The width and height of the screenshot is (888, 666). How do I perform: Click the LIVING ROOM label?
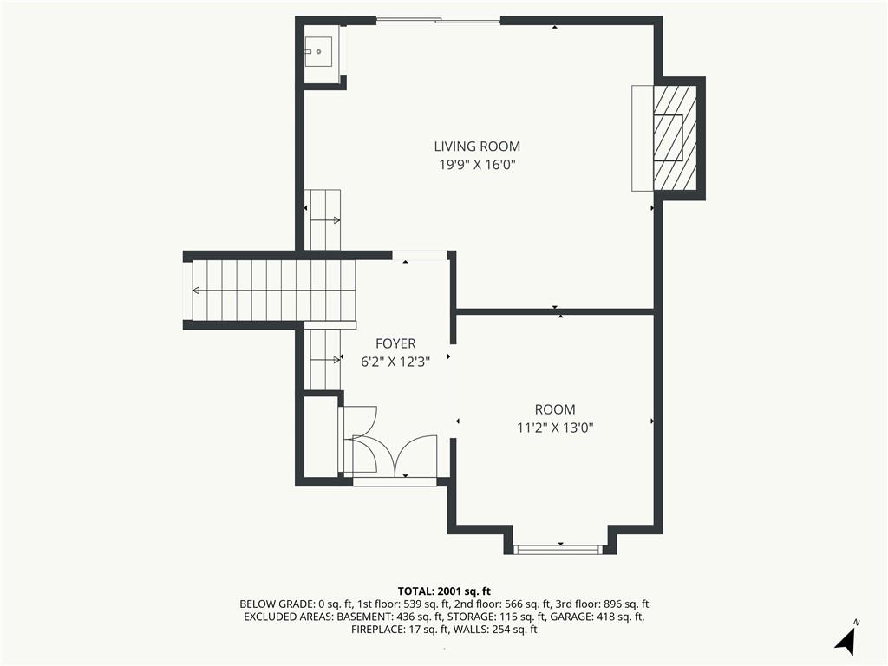[477, 146]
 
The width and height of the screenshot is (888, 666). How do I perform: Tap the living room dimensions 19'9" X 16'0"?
[479, 165]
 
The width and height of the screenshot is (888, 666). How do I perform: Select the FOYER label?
[395, 343]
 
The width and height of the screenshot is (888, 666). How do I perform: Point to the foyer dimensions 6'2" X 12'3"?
[395, 362]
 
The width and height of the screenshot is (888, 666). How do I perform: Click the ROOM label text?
[555, 409]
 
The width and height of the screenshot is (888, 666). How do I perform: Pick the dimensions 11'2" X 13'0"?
[555, 428]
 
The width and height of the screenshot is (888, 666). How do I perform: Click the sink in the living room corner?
[318, 51]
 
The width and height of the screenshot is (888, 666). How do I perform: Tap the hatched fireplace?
[675, 138]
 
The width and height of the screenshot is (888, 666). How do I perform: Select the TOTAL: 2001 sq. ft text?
[444, 591]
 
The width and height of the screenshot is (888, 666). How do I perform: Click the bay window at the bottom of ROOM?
[558, 549]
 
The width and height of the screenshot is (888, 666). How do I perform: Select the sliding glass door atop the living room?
[439, 21]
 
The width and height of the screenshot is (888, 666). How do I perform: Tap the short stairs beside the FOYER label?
[323, 359]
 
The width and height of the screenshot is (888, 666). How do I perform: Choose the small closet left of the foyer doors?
[321, 437]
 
